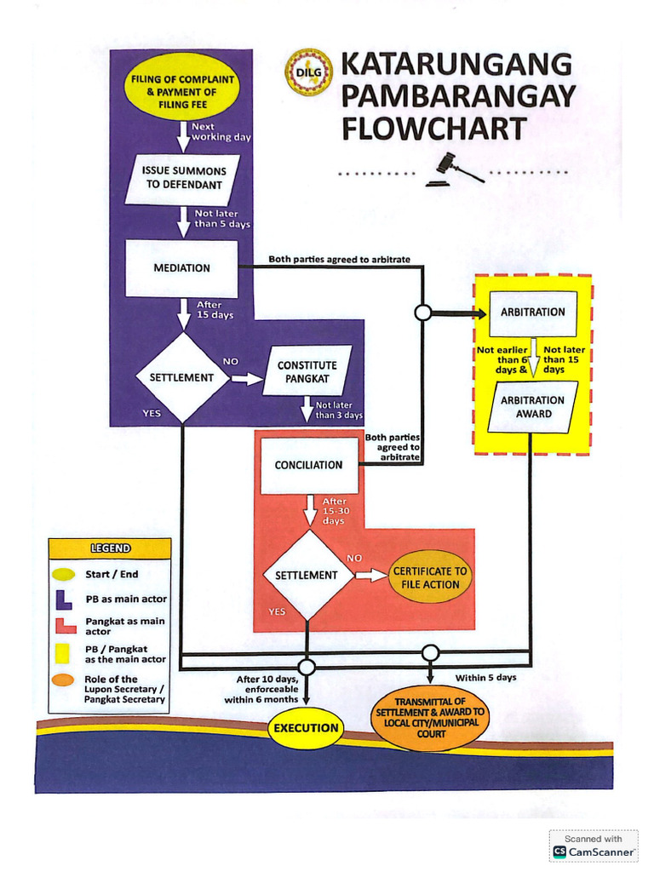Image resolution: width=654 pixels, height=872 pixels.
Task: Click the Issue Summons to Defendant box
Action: (181, 178)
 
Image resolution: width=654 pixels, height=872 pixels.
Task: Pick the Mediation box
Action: (181, 268)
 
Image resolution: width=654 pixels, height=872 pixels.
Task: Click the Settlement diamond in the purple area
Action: (181, 377)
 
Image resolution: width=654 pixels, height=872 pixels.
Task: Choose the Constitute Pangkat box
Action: (307, 371)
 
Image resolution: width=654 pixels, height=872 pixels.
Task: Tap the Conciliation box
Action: (308, 465)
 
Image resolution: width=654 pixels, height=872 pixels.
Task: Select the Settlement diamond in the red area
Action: (307, 575)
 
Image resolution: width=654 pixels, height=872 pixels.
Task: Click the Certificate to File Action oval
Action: (429, 578)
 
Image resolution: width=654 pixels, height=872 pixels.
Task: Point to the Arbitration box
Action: (532, 313)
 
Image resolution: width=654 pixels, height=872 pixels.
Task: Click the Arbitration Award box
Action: (532, 407)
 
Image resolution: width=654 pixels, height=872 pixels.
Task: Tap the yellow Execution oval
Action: (307, 728)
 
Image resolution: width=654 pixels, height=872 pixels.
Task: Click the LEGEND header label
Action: (110, 548)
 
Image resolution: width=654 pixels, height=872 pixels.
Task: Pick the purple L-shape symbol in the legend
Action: (66, 599)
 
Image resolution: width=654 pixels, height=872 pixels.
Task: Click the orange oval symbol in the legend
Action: (66, 680)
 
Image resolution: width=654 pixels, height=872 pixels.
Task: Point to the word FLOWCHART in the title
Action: (433, 129)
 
